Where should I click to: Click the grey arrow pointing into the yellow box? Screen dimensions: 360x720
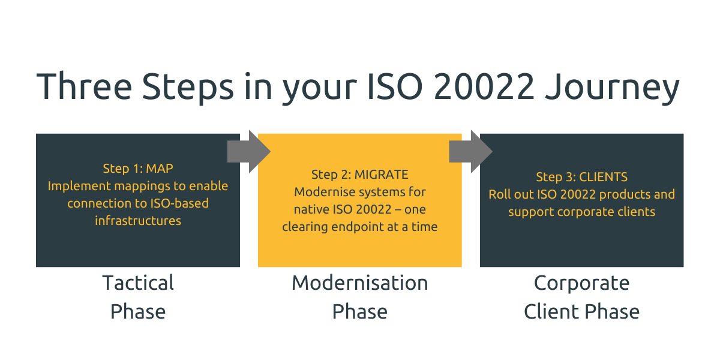(248, 152)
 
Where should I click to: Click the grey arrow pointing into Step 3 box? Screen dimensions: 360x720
(470, 152)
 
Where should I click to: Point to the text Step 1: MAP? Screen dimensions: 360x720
(138, 169)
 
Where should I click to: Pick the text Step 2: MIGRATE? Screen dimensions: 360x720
(359, 175)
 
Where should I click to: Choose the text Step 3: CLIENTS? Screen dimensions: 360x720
(581, 177)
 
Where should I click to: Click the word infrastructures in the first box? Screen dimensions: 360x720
(138, 221)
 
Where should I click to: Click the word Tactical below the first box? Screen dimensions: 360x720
(138, 283)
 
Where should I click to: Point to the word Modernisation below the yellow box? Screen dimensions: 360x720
(359, 283)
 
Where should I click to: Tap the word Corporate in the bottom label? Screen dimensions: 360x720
(581, 283)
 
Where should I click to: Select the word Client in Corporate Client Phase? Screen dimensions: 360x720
(553, 311)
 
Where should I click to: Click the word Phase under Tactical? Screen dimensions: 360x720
(138, 311)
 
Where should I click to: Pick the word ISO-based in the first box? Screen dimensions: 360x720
(181, 203)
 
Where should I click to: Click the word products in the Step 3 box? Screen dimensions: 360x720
(619, 194)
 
